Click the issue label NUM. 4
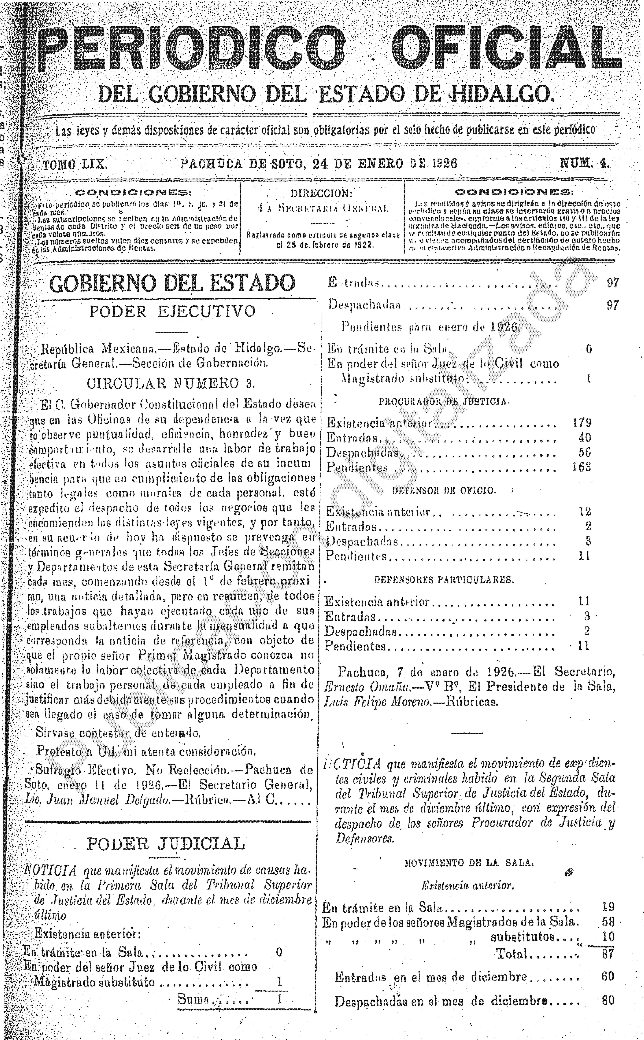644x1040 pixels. tap(584, 163)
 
